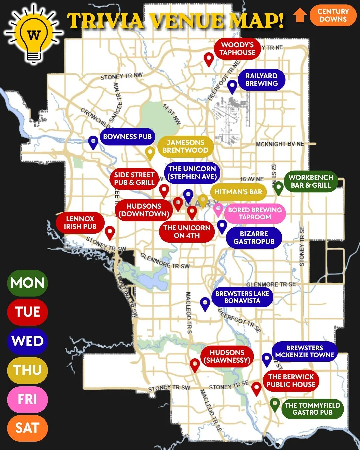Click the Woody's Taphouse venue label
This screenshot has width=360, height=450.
(237, 49)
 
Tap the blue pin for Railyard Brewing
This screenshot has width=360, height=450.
(232, 86)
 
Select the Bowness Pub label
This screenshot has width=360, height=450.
(127, 136)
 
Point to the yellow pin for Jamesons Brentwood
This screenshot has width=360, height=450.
(150, 153)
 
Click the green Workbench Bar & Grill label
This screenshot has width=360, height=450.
(311, 181)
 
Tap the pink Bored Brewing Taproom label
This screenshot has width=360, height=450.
(255, 213)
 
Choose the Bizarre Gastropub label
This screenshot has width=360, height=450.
(254, 238)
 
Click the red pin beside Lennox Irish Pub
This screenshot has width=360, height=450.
(110, 232)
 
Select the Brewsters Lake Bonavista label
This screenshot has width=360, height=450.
(242, 297)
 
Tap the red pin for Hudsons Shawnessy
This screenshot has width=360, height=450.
(195, 365)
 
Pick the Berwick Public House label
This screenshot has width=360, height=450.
(291, 381)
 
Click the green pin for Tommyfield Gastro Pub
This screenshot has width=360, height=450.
(274, 404)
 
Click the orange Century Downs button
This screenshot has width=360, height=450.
(333, 15)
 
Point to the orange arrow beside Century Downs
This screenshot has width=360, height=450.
(300, 15)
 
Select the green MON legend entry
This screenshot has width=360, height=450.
(28, 283)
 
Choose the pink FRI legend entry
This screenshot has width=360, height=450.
(28, 399)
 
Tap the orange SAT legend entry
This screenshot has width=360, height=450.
(28, 428)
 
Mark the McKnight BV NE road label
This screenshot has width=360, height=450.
(280, 144)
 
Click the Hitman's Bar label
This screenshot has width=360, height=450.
(238, 192)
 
